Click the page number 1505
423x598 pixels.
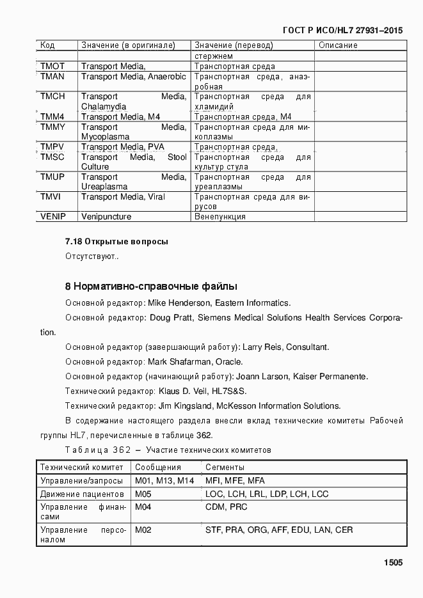coord(393,563)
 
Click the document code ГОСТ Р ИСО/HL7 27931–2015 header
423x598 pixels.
coord(342,31)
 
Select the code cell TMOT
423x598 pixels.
coord(52,67)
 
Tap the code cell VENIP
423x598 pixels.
coord(54,217)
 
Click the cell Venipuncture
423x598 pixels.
coord(106,217)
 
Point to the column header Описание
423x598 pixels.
coord(338,45)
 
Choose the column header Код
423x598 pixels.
coord(47,45)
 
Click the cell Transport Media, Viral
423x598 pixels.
coord(123,197)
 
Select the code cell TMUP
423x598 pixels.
coord(52,177)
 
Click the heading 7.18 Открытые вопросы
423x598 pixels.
coord(116,242)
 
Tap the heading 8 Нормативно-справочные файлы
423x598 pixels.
coord(151,285)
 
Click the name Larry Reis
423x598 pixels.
coord(261,347)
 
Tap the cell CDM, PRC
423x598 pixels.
coord(226,507)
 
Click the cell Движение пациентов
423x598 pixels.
coord(82,494)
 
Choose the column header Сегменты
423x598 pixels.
coord(225,468)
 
